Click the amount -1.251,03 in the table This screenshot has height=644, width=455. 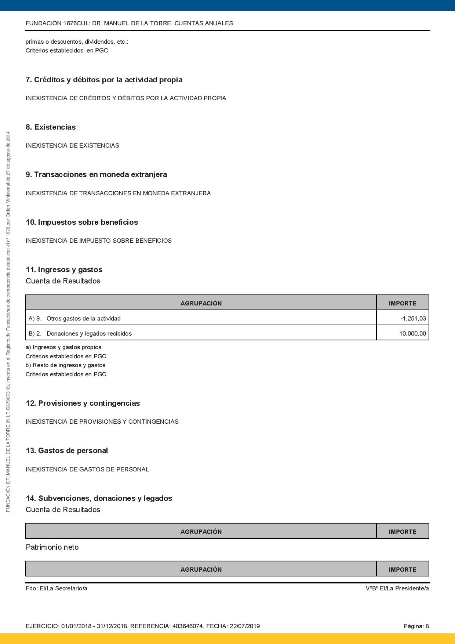tap(413, 318)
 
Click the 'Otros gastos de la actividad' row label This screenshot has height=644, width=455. tap(83, 318)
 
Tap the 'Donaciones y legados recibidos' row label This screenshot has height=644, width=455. tap(89, 333)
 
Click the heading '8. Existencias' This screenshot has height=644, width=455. tap(51, 127)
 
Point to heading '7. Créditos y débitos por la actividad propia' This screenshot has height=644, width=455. tap(104, 80)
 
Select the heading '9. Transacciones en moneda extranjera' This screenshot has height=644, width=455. tap(96, 174)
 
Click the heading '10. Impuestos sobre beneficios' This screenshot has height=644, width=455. tap(82, 222)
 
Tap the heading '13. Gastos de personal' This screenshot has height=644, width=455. tap(67, 451)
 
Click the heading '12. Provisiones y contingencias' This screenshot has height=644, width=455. tap(83, 403)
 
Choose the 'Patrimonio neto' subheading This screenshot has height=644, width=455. tap(52, 547)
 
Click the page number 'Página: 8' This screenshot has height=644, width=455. tap(416, 626)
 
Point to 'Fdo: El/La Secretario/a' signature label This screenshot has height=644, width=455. tap(57, 588)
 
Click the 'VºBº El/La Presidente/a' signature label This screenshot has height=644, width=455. tap(397, 588)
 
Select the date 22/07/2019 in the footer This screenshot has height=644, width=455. tap(244, 626)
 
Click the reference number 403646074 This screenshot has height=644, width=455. tap(188, 626)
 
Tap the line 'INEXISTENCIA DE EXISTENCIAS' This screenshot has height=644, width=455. tap(72, 145)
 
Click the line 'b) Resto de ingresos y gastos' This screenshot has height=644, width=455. tap(65, 365)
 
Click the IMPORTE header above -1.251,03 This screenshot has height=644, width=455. tap(403, 303)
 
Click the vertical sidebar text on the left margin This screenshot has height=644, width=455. tap(8, 322)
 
